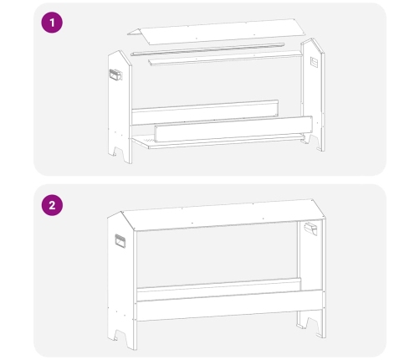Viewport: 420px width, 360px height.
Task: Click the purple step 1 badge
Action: [x=52, y=23]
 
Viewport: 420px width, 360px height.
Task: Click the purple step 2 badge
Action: [x=52, y=205]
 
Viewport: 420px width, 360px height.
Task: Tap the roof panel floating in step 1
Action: [x=216, y=31]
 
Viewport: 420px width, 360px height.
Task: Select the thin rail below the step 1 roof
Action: [x=207, y=49]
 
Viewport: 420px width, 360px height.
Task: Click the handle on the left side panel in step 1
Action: [x=115, y=75]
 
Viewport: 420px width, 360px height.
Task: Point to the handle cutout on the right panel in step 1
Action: [x=314, y=62]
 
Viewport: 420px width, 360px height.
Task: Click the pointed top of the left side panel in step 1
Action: [x=120, y=51]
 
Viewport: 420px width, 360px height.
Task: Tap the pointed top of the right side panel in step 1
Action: [x=312, y=39]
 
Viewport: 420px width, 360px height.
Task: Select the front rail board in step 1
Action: [x=233, y=129]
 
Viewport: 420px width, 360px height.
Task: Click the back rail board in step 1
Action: [x=205, y=112]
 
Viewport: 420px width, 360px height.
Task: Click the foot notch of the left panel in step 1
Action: [x=119, y=152]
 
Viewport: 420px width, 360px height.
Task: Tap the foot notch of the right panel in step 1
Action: [x=313, y=140]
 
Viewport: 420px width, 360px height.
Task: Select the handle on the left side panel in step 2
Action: [x=120, y=241]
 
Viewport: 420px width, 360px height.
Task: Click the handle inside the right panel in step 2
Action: [x=310, y=229]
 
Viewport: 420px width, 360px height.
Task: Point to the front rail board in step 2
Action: [x=229, y=306]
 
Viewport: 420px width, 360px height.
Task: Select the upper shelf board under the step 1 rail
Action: [x=226, y=58]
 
